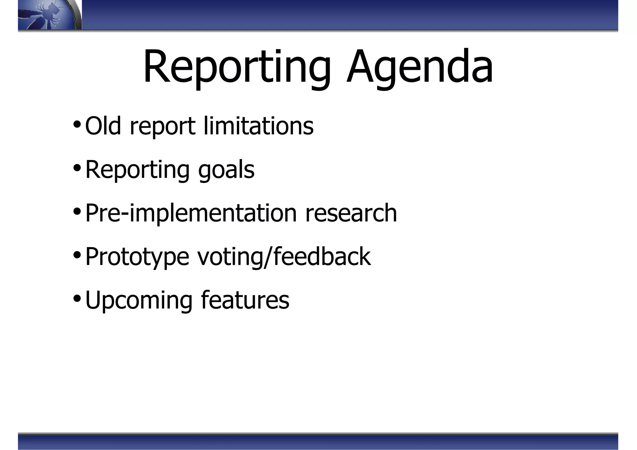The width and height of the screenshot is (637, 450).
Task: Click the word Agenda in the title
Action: (x=420, y=67)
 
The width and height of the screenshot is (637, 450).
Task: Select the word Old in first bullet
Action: (x=103, y=126)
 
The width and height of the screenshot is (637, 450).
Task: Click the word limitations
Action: (x=258, y=126)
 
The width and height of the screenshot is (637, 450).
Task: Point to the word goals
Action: (x=226, y=170)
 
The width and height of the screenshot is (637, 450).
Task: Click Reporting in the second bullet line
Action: (x=137, y=170)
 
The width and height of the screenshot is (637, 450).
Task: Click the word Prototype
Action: (x=137, y=257)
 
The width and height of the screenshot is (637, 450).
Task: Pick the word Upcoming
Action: (x=139, y=301)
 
